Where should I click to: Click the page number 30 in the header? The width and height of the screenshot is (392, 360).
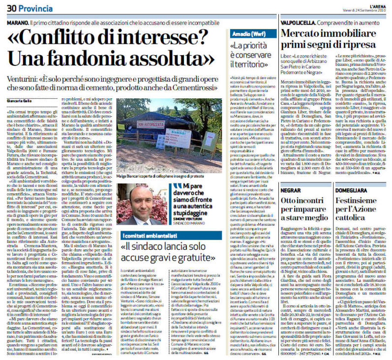click(x=12, y=8)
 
